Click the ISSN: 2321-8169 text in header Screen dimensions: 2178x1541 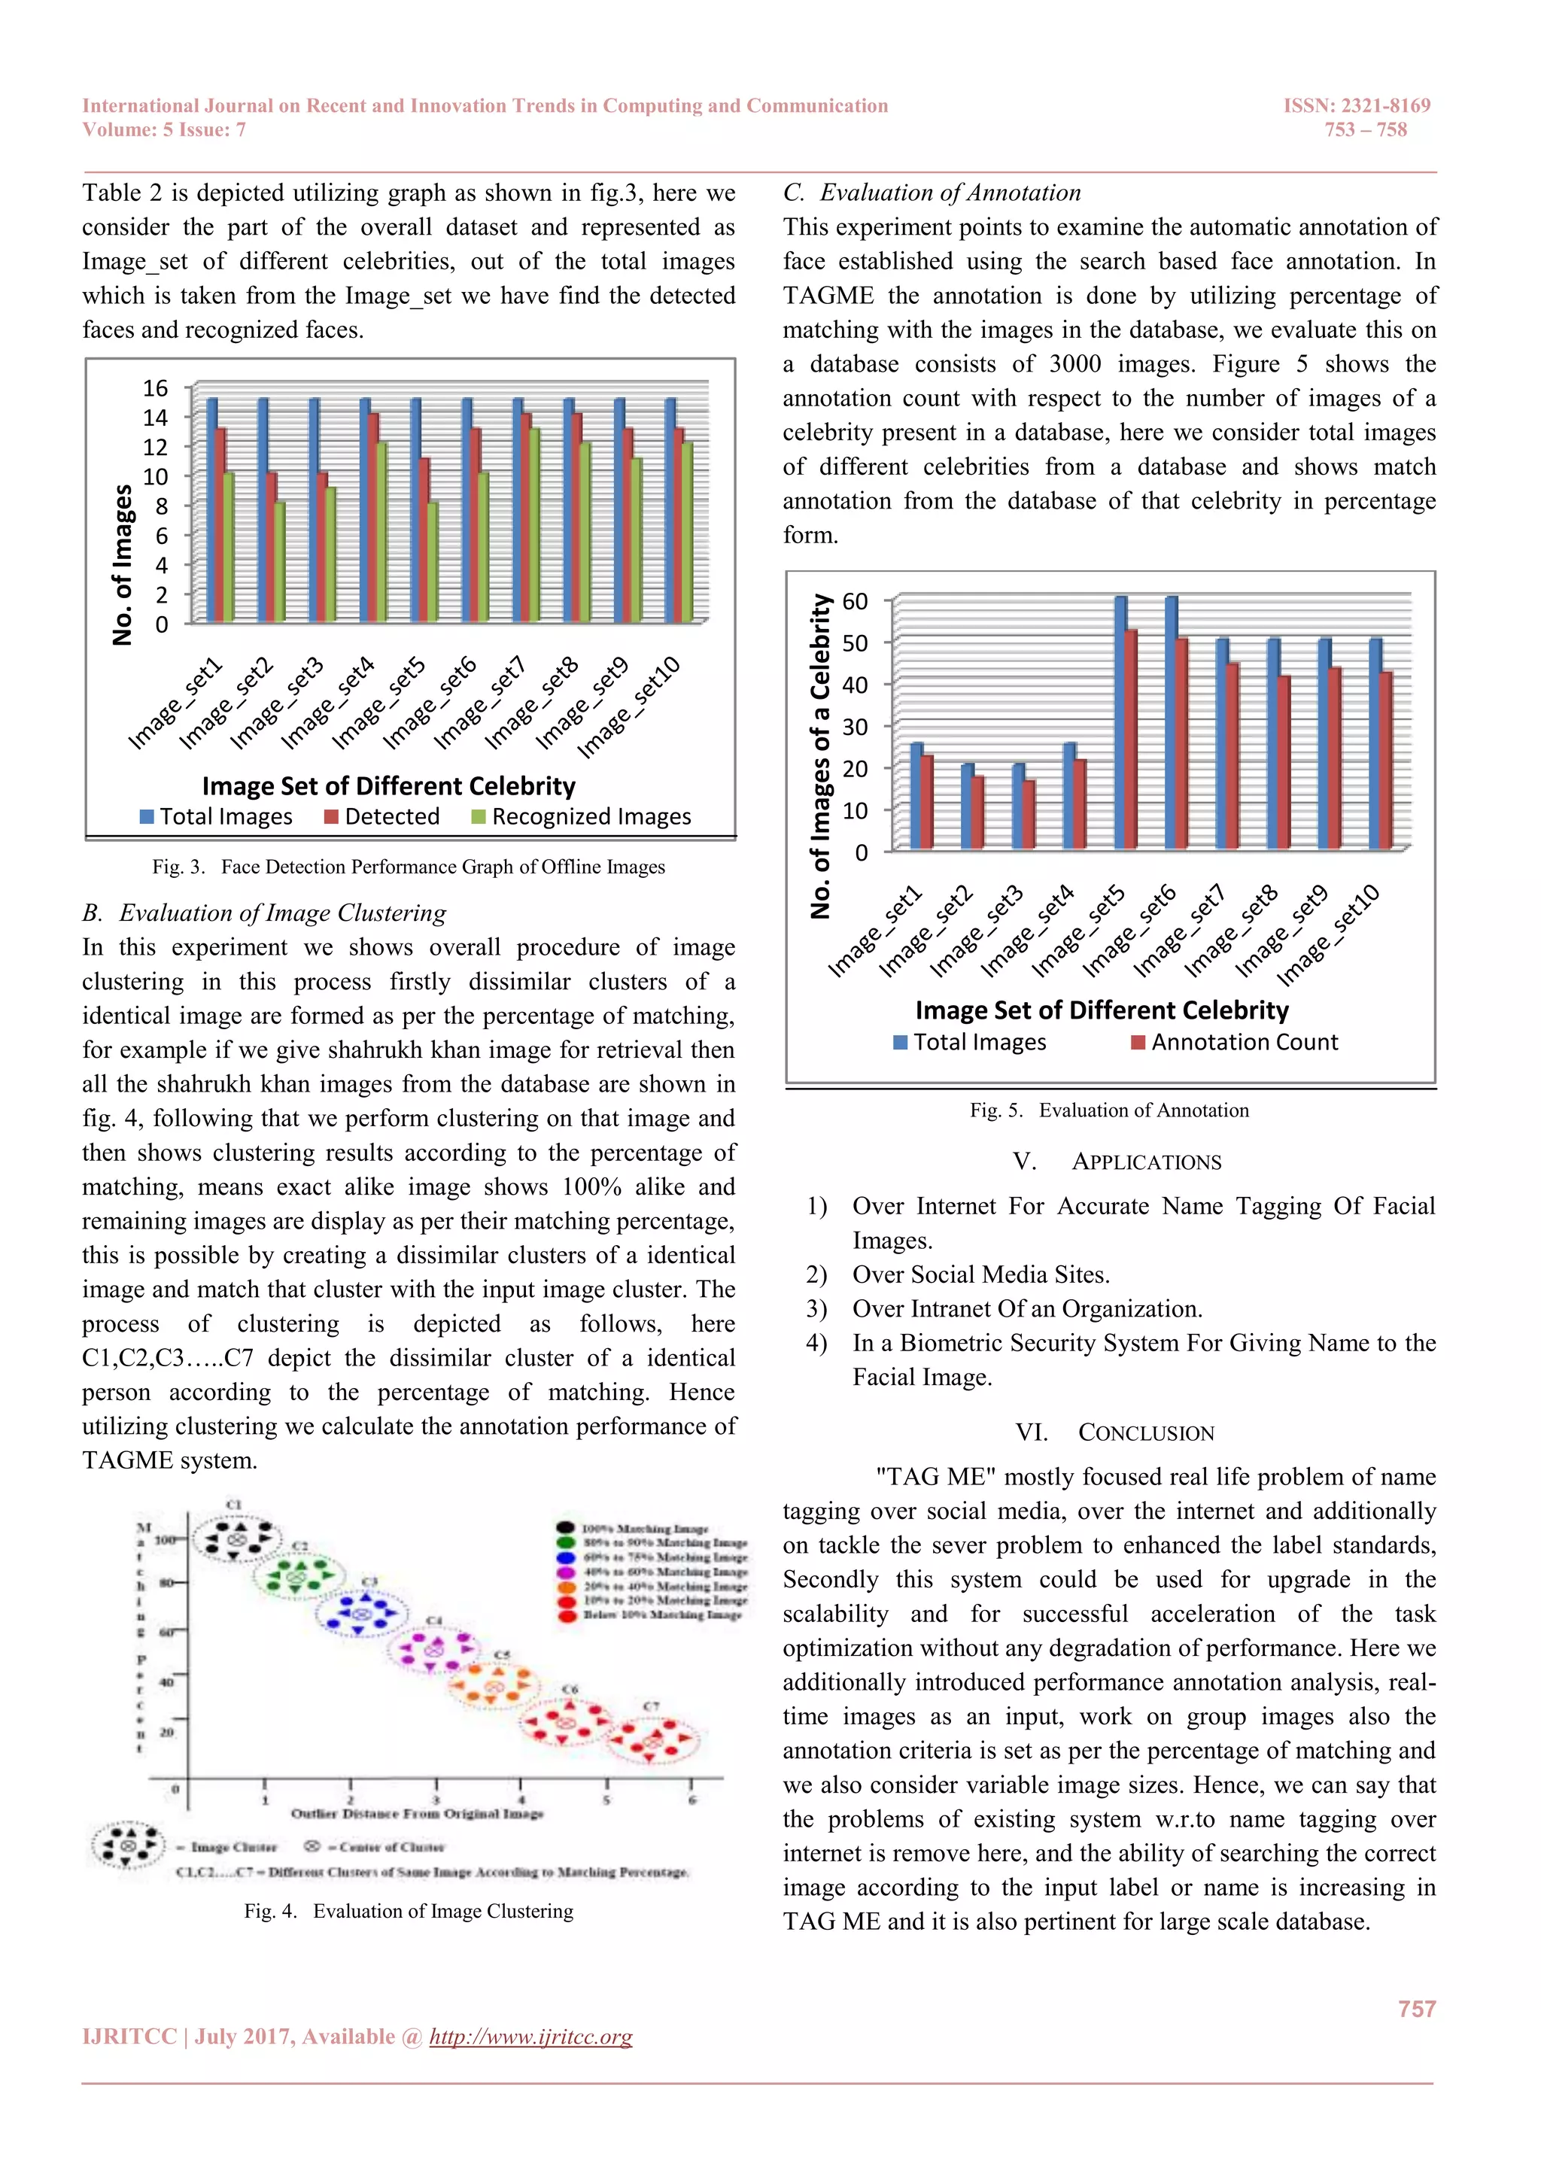pyautogui.click(x=1356, y=105)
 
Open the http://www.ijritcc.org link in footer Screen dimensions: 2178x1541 pyautogui.click(x=530, y=2037)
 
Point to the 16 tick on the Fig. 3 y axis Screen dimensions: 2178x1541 pyautogui.click(x=155, y=388)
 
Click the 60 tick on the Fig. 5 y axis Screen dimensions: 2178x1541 pyautogui.click(x=854, y=601)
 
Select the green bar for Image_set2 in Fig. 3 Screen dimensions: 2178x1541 pyautogui.click(x=279, y=561)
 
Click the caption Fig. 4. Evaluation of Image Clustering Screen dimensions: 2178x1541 pyautogui.click(x=408, y=1910)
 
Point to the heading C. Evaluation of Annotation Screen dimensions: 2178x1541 pyautogui.click(x=931, y=193)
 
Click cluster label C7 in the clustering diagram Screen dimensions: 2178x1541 pyautogui.click(x=651, y=1706)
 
